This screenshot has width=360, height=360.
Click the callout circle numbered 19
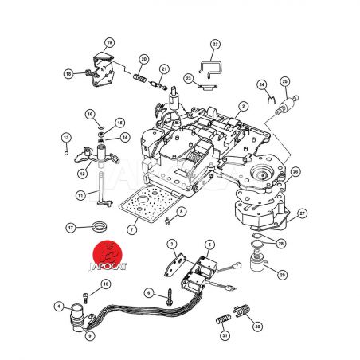[109, 42]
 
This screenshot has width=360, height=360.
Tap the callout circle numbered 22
[215, 44]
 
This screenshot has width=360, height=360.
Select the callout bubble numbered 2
[243, 107]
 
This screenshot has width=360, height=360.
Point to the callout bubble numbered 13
[66, 138]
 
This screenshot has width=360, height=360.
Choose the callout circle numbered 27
[303, 213]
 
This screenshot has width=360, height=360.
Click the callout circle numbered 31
[225, 335]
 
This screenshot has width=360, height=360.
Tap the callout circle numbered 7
[132, 229]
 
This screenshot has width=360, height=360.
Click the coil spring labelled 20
[139, 78]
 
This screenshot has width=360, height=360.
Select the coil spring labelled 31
[223, 319]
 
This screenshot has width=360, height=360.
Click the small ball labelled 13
[67, 153]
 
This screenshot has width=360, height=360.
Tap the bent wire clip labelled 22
[210, 69]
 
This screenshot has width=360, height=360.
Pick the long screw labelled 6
[169, 297]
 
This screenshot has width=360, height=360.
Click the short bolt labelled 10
[85, 297]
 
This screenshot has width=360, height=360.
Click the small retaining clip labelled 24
[271, 100]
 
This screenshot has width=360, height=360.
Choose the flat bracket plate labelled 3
[175, 265]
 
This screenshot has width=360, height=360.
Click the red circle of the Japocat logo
[108, 255]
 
